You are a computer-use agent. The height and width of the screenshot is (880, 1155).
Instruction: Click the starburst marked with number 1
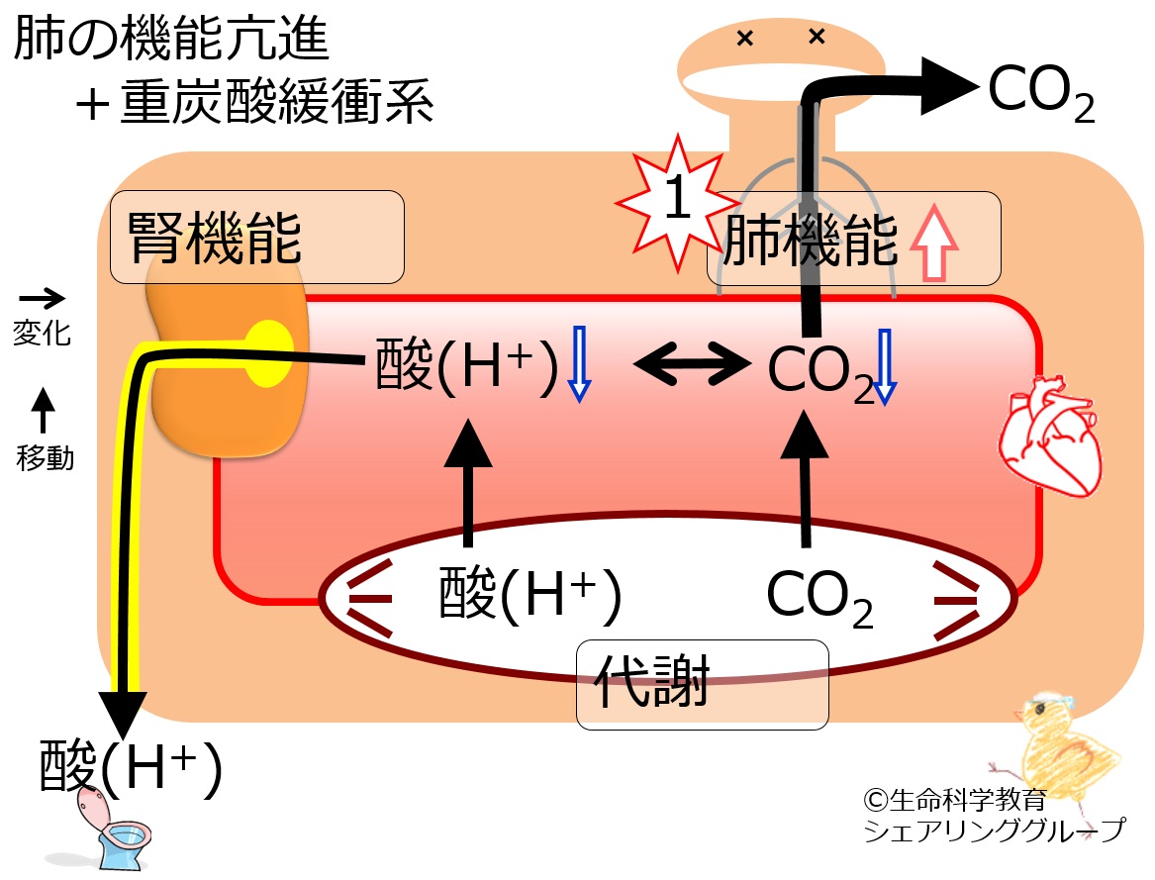point(677,201)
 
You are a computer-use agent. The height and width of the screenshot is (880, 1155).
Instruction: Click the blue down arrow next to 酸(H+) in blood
point(580,364)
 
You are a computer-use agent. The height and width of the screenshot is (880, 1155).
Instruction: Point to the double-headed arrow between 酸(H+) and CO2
point(693,363)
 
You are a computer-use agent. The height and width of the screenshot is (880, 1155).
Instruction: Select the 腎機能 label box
point(257,237)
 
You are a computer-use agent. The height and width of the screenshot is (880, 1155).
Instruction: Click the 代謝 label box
point(702,685)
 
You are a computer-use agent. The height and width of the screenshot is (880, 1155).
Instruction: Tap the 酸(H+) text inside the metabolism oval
point(529,594)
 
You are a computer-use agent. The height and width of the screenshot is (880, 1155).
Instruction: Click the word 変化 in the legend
point(42,334)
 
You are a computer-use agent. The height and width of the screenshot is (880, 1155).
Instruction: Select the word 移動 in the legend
point(45,458)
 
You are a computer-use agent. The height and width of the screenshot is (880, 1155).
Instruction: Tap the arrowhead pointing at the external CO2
point(950,86)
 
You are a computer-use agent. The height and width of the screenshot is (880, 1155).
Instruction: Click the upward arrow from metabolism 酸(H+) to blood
point(468,483)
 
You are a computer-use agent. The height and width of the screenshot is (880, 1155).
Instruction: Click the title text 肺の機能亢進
point(171,38)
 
